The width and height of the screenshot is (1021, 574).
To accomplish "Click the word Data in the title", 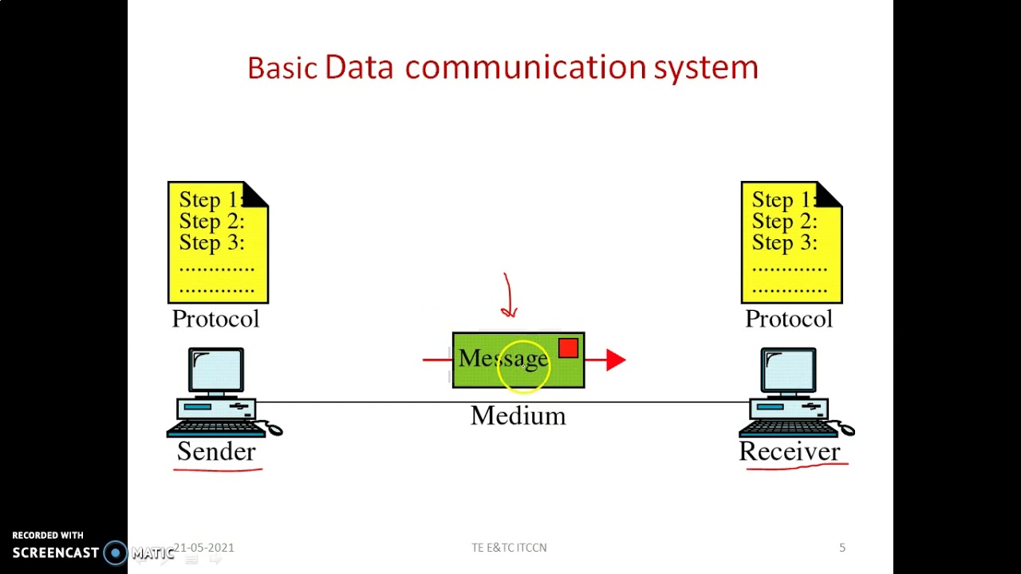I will point(359,68).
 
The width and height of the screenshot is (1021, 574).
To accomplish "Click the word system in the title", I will point(706,69).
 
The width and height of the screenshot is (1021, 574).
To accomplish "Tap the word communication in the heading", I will point(525,68).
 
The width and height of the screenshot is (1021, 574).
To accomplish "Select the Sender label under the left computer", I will point(216,451).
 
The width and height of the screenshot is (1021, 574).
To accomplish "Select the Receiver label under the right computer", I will point(790,451).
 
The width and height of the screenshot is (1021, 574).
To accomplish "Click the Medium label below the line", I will point(518,415).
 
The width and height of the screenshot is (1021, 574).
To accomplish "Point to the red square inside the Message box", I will point(568,348).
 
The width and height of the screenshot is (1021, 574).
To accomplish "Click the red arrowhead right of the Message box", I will point(615,360).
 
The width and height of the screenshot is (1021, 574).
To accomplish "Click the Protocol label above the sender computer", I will point(215,319).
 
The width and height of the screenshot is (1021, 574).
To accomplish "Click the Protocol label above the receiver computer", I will point(789,319).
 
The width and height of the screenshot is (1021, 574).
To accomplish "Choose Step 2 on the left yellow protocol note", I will point(211,221).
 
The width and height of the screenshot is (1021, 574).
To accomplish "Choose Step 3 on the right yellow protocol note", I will point(784,242).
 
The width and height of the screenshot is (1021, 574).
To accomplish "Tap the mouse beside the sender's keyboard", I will point(274,430).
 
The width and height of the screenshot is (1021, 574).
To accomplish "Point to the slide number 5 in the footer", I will point(842,548).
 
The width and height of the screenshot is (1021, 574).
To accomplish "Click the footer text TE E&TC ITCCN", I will point(509,548).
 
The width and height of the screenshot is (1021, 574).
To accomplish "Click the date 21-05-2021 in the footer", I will point(204,548).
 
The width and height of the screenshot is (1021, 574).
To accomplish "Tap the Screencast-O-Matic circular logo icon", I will point(116,552).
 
